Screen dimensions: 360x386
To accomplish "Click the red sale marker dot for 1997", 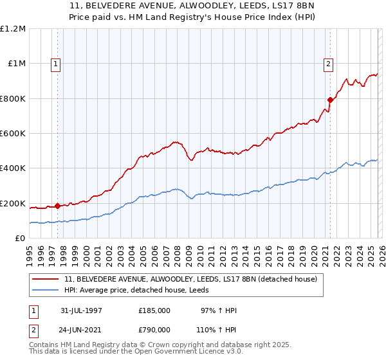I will click(x=58, y=206).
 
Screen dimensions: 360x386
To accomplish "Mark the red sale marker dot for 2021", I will click(x=330, y=100).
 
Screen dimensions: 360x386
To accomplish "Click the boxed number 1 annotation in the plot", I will click(x=57, y=64).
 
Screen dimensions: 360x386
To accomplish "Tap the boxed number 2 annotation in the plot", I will click(x=329, y=64).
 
